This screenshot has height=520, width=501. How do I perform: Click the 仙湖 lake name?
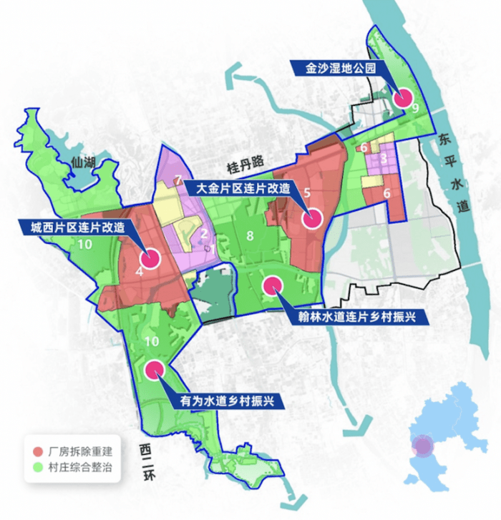click(x=84, y=162)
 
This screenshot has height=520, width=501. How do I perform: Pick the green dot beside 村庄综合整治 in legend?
click(x=37, y=469)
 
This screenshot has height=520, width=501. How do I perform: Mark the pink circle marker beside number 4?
click(x=152, y=258)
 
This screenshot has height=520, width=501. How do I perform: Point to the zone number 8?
click(x=250, y=236)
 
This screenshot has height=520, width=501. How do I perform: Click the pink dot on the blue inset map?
click(x=424, y=446)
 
